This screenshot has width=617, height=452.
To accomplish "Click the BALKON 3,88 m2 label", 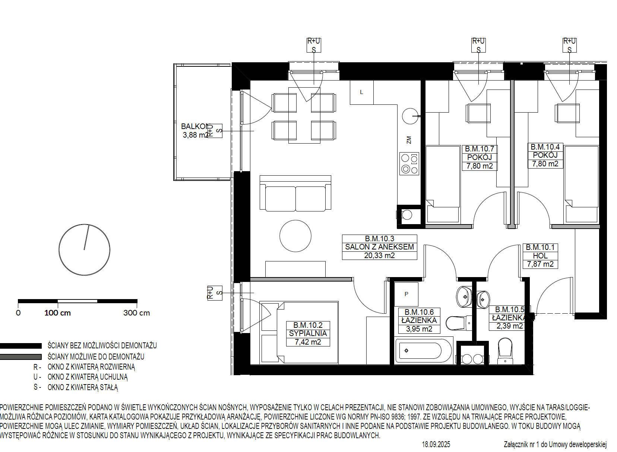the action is tap(195, 131).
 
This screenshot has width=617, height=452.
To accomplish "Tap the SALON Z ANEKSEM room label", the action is tap(379, 247).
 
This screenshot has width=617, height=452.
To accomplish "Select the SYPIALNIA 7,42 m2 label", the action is tap(308, 333).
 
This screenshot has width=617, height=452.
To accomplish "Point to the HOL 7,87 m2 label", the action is tap(540, 256).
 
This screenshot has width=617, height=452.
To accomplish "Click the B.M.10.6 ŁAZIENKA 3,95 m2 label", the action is tap(419, 320).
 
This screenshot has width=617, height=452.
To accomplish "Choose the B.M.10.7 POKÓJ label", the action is tap(480, 158).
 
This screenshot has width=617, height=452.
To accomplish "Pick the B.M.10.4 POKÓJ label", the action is tap(545, 156).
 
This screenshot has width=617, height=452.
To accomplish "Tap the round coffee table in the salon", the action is tap(295, 236).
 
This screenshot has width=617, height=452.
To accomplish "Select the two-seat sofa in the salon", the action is tap(295, 193).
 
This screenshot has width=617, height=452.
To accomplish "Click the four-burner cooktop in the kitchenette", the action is tap(409, 164).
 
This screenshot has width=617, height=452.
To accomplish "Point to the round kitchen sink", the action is tap(410, 116).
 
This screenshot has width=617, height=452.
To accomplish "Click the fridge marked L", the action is tap(362, 92).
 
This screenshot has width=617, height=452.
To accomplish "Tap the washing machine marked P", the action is tap(406, 294).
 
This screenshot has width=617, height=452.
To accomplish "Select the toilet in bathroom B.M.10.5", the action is tap(505, 351).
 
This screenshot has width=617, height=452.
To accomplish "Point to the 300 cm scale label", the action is tap(137, 313).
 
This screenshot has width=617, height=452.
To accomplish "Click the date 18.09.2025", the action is tap(436, 444).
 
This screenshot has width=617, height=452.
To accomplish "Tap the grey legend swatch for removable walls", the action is tap(20, 357).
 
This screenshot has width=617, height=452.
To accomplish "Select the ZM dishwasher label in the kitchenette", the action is tap(409, 140).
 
